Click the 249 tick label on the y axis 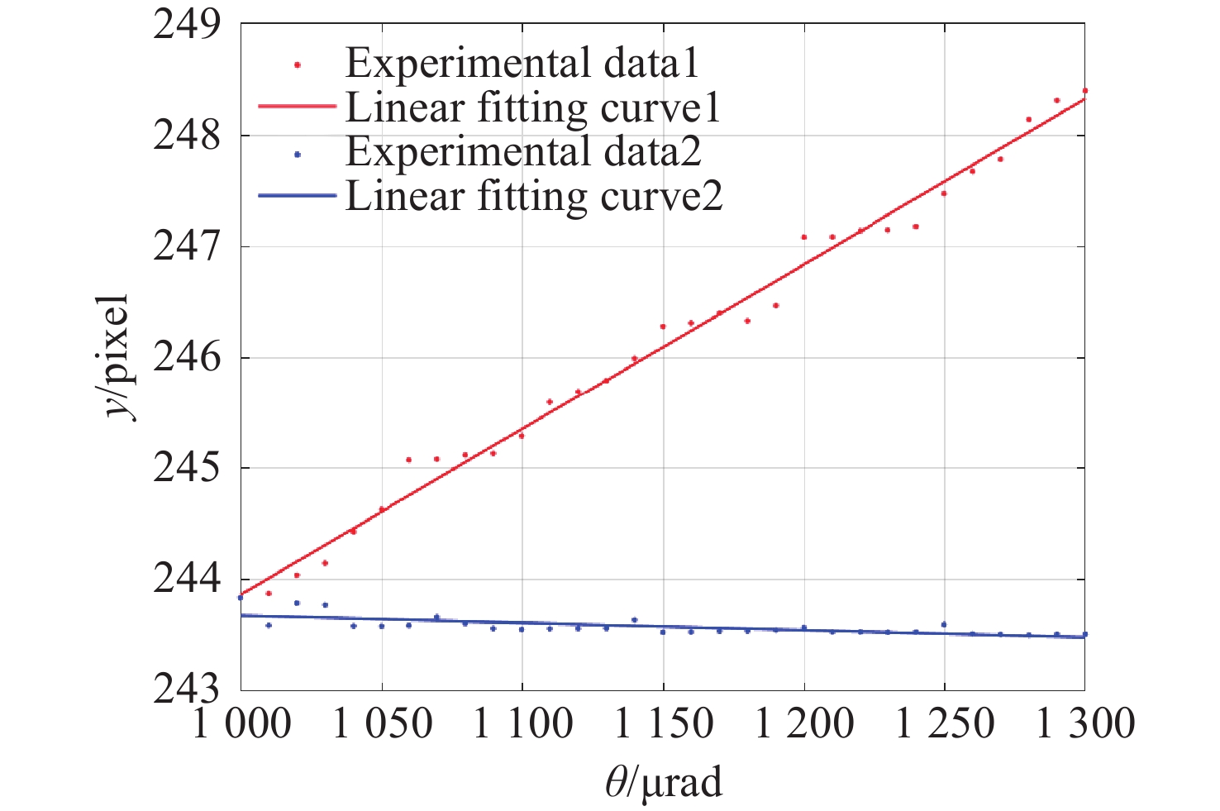click(187, 25)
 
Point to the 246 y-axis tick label click(187, 358)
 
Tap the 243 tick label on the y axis click(187, 690)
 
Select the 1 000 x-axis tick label click(241, 725)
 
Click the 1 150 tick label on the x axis click(663, 725)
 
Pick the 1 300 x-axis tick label click(1085, 725)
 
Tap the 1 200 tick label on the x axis click(804, 725)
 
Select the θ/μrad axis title click(664, 782)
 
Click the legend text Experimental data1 click(522, 63)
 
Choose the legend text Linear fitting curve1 click(533, 107)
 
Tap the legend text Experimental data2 click(523, 151)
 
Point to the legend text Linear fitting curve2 click(534, 196)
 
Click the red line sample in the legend click(297, 107)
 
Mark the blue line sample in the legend click(297, 196)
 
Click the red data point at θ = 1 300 click(1084, 90)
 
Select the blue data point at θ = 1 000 click(241, 597)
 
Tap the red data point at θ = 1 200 click(803, 237)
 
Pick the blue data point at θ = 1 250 click(944, 624)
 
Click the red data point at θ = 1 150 click(663, 327)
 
